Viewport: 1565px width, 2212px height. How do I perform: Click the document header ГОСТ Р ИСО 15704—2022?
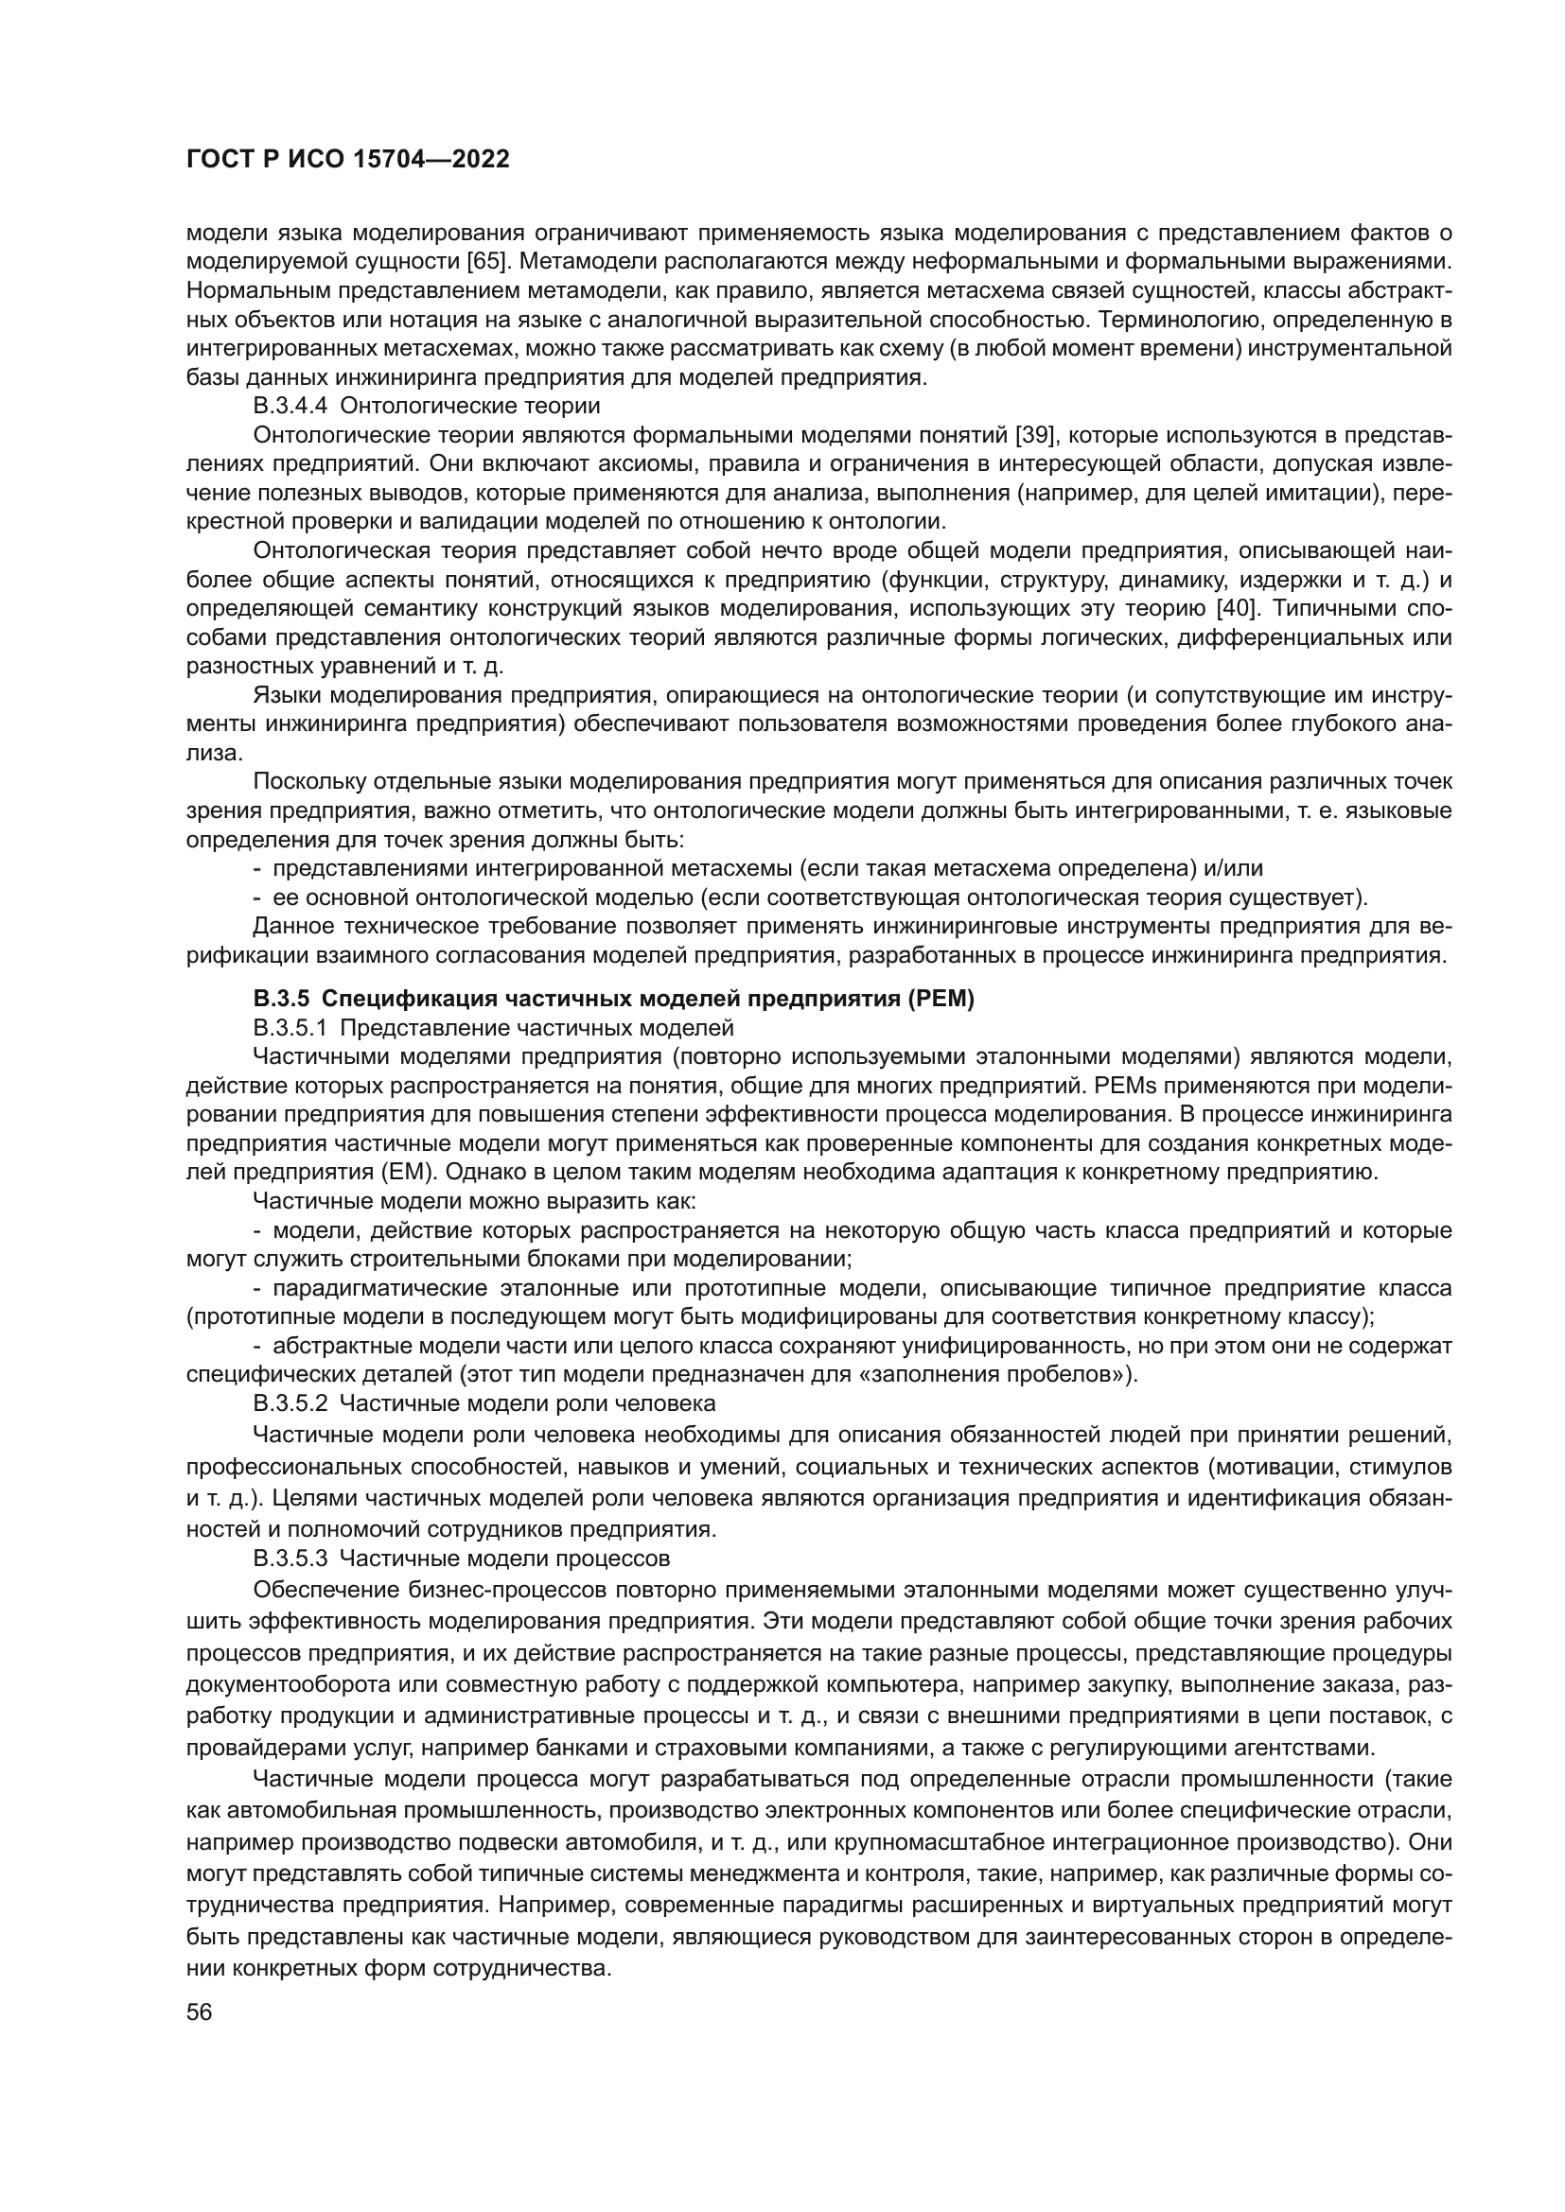347,160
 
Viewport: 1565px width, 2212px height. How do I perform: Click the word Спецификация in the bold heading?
395,999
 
